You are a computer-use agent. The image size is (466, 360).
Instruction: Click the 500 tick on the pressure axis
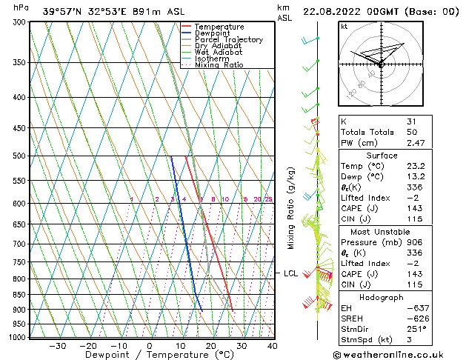[x=19, y=156]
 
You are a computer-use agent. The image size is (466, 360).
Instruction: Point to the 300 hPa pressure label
[x=19, y=22]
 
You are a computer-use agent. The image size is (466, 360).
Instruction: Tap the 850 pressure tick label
[x=19, y=295]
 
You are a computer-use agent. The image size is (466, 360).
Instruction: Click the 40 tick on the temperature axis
[x=273, y=345]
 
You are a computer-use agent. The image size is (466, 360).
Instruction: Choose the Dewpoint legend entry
[x=212, y=33]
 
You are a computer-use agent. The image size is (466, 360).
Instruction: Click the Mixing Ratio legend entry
[x=219, y=65]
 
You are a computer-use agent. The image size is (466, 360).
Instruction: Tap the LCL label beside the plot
[x=290, y=273]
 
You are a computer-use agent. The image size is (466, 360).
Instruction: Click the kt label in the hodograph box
[x=344, y=27]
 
